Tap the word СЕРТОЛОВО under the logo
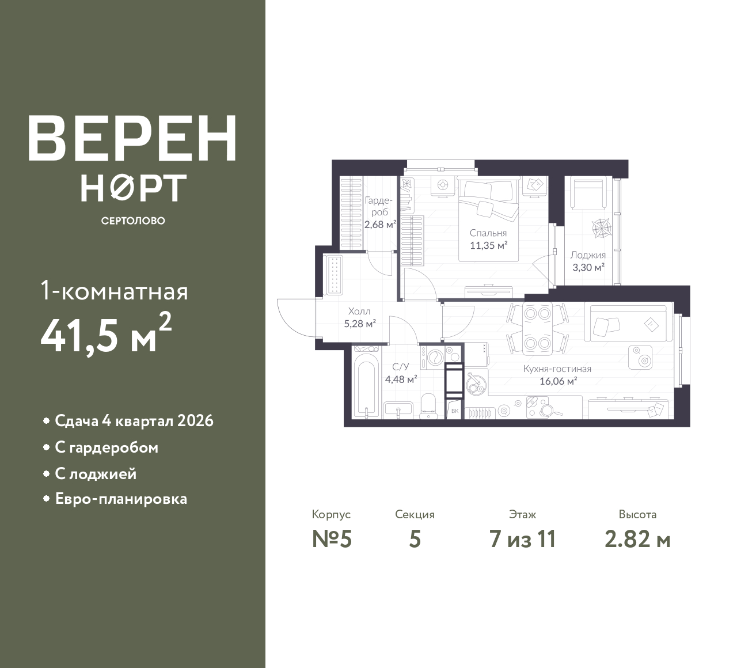pyautogui.click(x=133, y=221)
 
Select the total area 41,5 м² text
pyautogui.click(x=106, y=335)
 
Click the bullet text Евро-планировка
pyautogui.click(x=121, y=499)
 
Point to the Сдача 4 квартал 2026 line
pyautogui.click(x=134, y=421)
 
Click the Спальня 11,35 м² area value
pyautogui.click(x=489, y=245)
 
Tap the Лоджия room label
pyautogui.click(x=588, y=255)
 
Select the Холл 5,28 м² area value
pyautogui.click(x=360, y=324)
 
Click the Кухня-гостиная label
pyautogui.click(x=557, y=369)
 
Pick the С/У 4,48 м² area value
pyautogui.click(x=401, y=379)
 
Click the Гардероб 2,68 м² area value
pyautogui.click(x=380, y=224)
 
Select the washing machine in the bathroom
pyautogui.click(x=432, y=357)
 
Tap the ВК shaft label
pyautogui.click(x=455, y=411)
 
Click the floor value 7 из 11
pyautogui.click(x=522, y=540)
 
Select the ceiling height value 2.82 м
pyautogui.click(x=638, y=540)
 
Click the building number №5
pyautogui.click(x=332, y=540)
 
